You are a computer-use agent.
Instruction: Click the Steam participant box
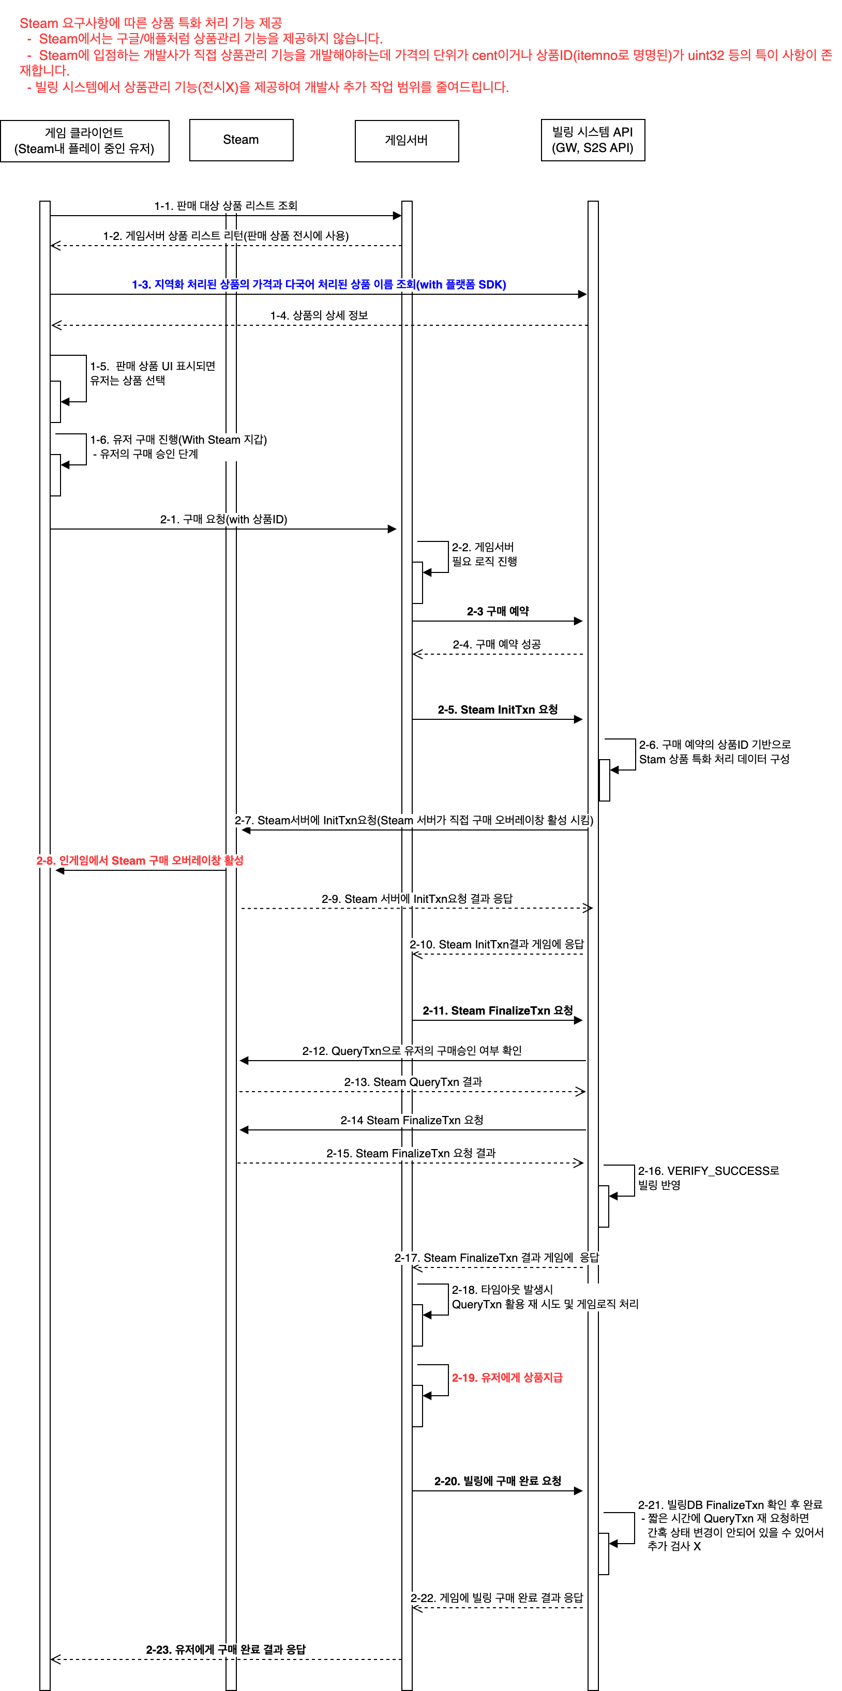[241, 140]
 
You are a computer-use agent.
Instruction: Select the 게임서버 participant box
[407, 141]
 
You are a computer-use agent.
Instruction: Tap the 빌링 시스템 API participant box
[592, 140]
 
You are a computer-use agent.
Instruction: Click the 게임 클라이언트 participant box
[85, 141]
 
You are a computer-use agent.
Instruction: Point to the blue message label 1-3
[319, 284]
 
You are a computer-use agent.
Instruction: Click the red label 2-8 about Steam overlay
[140, 860]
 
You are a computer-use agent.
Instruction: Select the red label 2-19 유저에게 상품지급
[507, 1377]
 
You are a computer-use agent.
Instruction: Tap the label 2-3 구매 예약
[498, 611]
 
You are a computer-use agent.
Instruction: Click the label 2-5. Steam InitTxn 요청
[498, 709]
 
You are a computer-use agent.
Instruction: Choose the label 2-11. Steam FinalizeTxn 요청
[498, 1010]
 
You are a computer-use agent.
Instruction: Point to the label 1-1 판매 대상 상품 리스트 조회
[226, 205]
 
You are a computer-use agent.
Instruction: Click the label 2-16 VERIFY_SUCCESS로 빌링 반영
[708, 1177]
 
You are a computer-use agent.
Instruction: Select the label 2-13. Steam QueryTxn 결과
[413, 1082]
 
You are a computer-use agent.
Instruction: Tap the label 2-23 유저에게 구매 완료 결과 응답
[226, 1649]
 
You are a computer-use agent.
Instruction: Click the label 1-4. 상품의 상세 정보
[319, 315]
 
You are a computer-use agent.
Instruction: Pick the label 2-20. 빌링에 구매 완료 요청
[498, 1481]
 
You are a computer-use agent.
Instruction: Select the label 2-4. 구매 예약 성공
[497, 644]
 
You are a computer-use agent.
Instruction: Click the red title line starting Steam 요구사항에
[151, 23]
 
